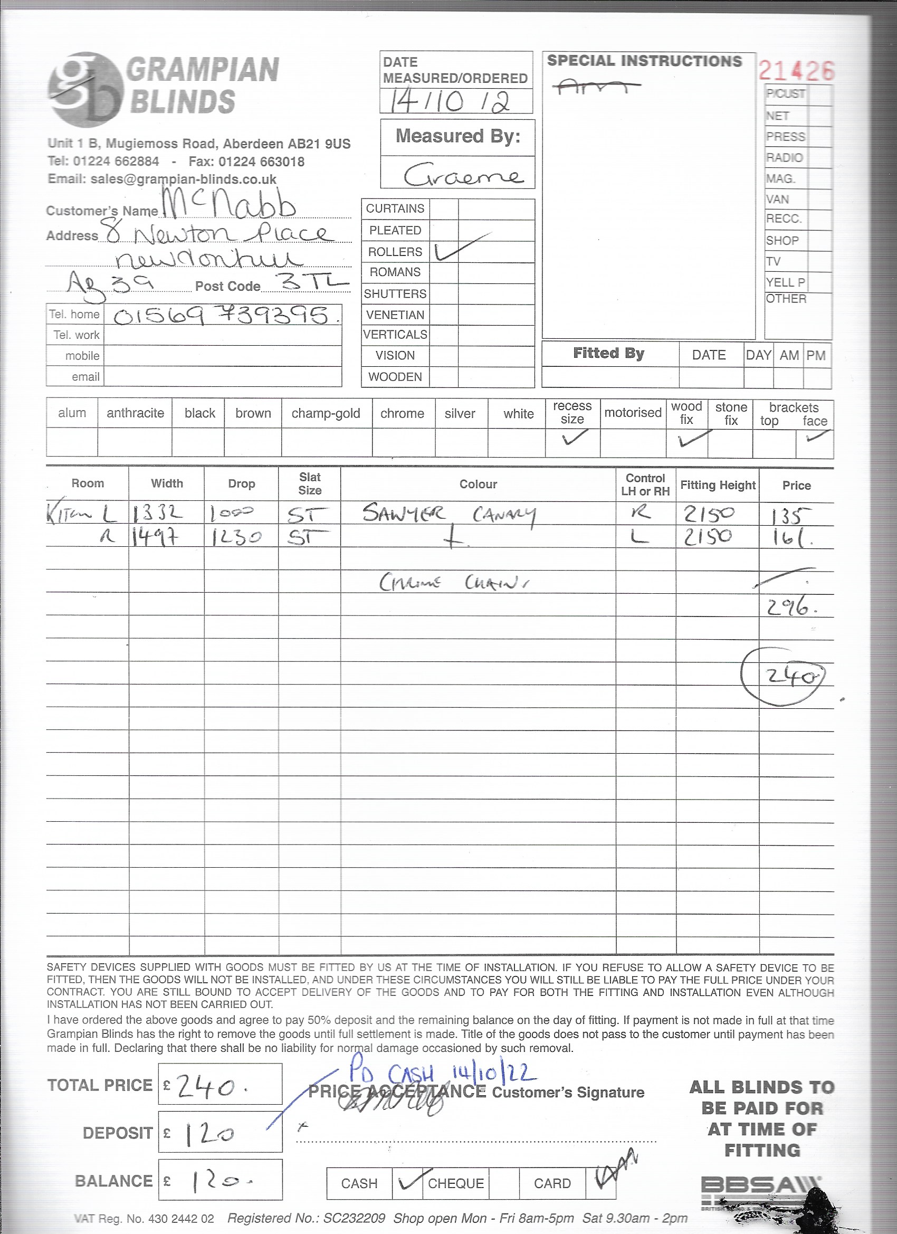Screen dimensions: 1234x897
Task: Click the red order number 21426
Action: tap(795, 71)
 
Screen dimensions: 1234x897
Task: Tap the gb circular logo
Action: tap(85, 89)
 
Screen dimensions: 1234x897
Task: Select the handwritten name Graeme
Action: tap(462, 175)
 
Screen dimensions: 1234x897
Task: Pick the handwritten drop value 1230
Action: tap(235, 537)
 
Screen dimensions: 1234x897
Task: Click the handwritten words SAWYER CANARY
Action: tap(449, 514)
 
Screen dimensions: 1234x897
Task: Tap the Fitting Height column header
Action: tap(718, 485)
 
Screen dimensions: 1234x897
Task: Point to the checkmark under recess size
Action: tap(574, 438)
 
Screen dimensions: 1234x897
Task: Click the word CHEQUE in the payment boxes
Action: tap(456, 1183)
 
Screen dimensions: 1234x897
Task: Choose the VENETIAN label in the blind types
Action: tap(395, 315)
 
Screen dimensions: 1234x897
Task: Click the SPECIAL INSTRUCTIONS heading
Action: tap(645, 61)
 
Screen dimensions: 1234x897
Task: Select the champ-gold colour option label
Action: tap(326, 413)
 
